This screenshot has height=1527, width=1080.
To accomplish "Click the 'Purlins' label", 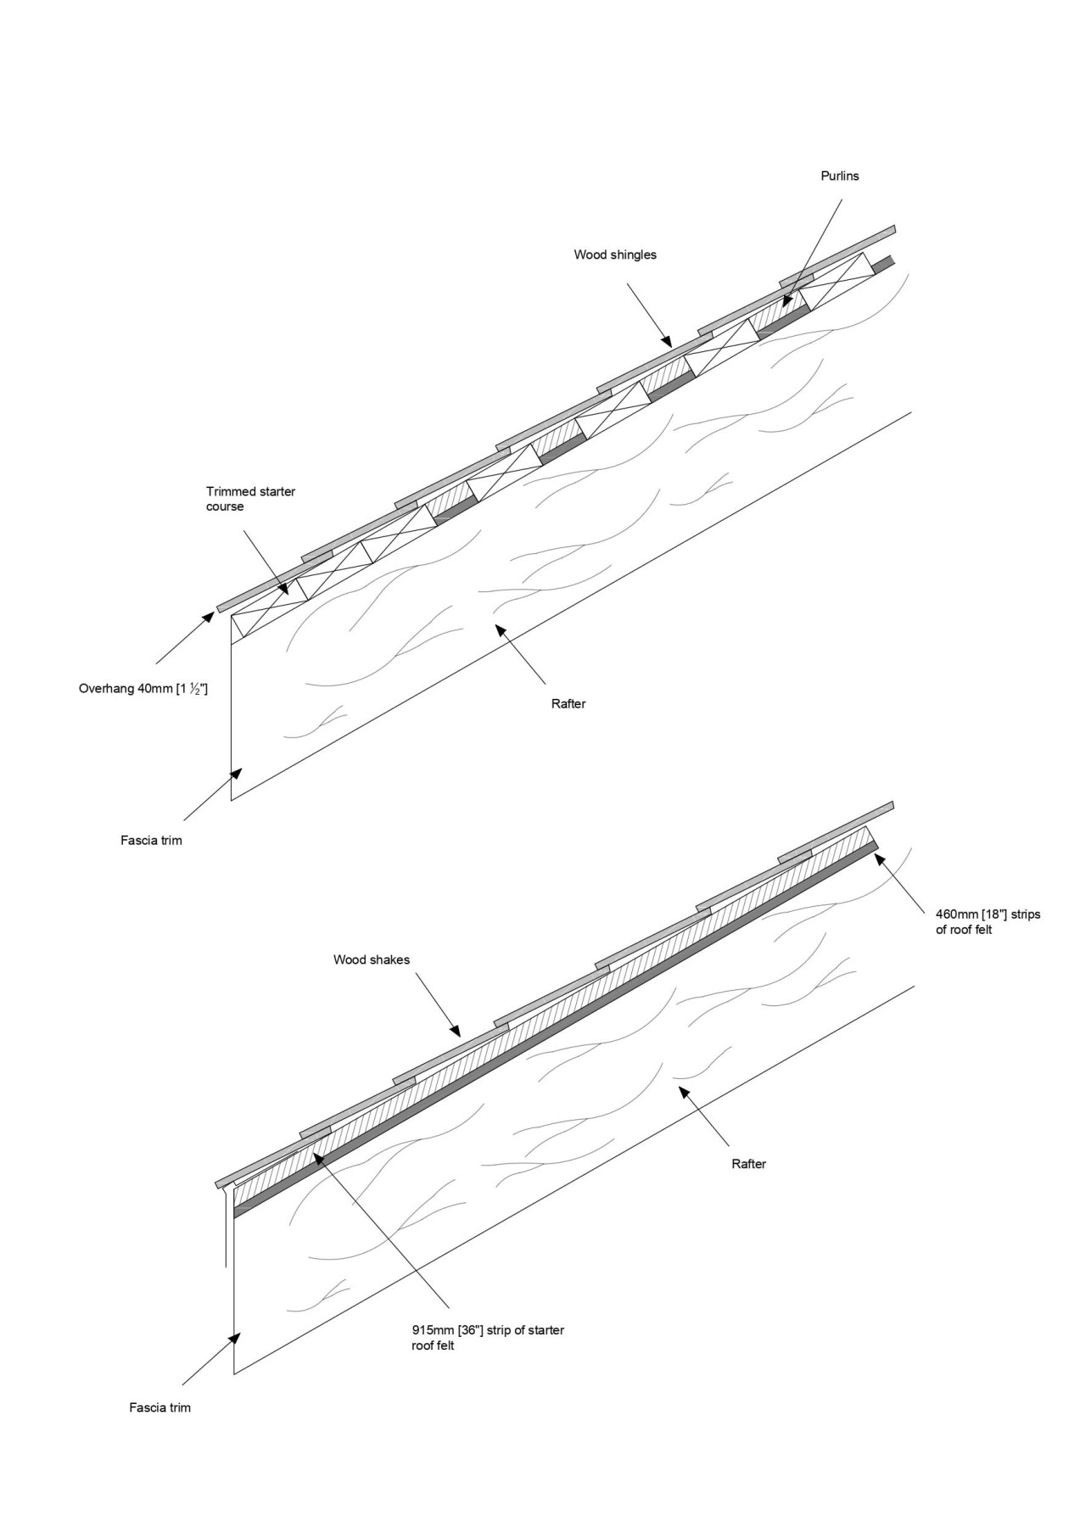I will (840, 176).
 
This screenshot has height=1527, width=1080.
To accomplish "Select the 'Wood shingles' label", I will (615, 255).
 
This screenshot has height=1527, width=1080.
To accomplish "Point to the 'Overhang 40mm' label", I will (143, 689).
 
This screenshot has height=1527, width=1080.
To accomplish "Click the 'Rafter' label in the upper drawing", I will (568, 703).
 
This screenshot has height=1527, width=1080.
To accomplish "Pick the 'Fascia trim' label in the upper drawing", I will (151, 841).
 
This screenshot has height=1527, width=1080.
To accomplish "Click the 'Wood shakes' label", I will (372, 959).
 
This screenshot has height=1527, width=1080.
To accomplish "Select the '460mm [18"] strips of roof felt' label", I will (988, 922).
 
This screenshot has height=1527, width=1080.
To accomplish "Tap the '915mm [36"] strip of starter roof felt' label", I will (487, 1338).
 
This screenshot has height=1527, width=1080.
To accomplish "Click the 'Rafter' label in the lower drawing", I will (748, 1164).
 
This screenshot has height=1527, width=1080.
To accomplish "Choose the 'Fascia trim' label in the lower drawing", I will (160, 1407).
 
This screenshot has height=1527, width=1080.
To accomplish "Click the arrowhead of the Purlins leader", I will (785, 303).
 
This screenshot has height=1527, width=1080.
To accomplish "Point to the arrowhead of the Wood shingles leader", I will (669, 344).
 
